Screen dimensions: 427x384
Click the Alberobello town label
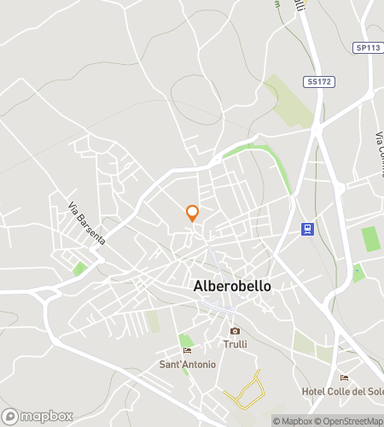(232, 286)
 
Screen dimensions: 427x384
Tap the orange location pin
(193, 213)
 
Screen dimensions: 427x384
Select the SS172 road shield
(316, 81)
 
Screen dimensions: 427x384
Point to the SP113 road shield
(367, 48)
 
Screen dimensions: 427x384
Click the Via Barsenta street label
(86, 224)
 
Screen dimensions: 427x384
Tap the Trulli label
(235, 345)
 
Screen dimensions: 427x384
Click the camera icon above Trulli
(235, 331)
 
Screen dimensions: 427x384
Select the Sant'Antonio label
(188, 365)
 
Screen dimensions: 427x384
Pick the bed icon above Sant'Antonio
(187, 350)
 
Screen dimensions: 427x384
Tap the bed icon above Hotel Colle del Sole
(344, 377)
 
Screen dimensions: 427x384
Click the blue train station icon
(307, 228)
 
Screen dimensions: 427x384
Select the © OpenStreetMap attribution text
(350, 420)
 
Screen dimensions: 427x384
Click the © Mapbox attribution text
(293, 420)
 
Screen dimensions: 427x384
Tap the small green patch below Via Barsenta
(80, 268)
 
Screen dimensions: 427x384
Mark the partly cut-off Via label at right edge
(378, 142)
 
